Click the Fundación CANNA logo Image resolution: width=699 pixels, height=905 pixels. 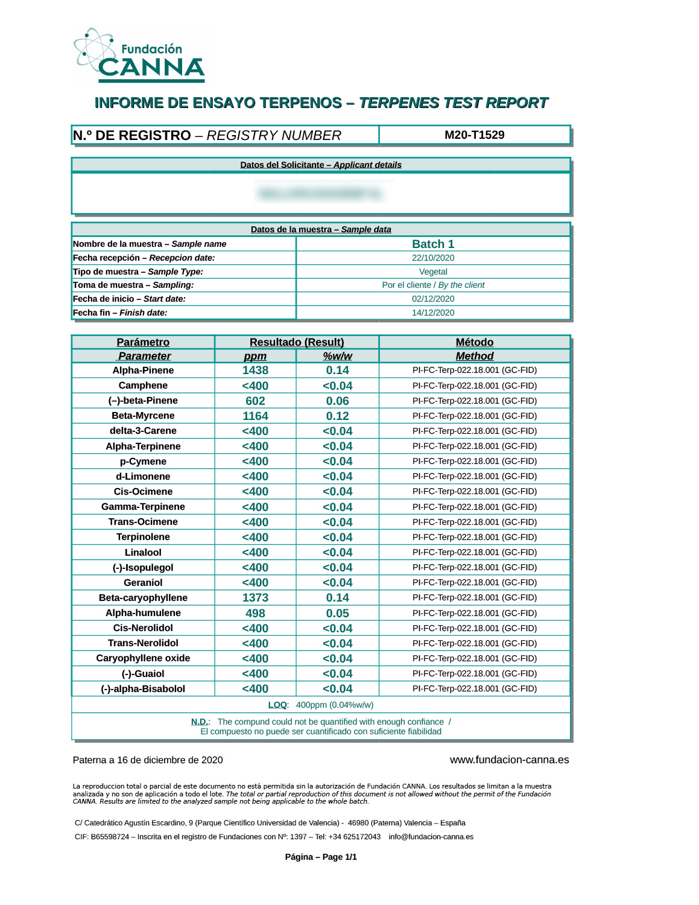pos(140,56)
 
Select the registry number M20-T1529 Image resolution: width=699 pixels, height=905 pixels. pos(474,135)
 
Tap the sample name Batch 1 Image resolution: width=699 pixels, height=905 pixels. pos(433,244)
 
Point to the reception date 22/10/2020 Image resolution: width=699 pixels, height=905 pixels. pos(433,258)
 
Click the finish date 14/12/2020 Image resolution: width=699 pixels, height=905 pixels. pos(433,313)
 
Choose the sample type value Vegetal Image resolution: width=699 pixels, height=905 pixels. pos(433,272)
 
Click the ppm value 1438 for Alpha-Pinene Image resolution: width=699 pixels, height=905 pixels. pos(255,370)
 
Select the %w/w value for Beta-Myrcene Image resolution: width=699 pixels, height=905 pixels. pos(337,416)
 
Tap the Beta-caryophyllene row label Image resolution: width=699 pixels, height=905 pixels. pos(143,598)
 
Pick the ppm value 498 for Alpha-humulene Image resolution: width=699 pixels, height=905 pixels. pos(255,613)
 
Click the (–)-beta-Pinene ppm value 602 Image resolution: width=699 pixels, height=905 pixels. pos(255,401)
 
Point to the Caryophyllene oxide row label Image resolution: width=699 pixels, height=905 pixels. pos(143,658)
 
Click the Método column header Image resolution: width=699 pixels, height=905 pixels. pos(474,342)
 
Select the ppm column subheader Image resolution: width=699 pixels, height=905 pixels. pos(255,357)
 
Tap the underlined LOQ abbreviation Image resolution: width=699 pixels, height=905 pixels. pos(277,705)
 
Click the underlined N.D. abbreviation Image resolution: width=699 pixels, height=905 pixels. pos(200,722)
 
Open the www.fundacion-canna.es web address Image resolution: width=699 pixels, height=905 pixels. pos(509,760)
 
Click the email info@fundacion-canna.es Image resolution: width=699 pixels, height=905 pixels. pos(431,837)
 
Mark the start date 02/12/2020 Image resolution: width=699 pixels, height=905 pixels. pos(433,299)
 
